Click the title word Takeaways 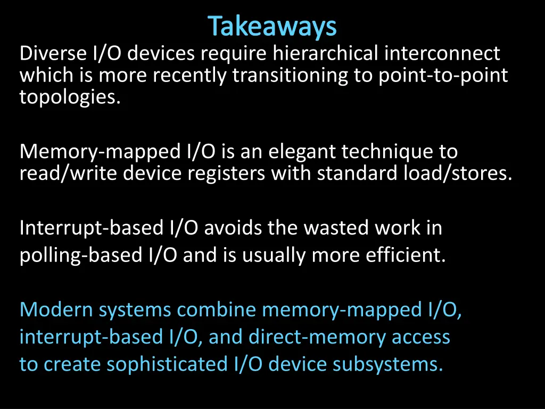coord(272,27)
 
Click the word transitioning coord(290,76)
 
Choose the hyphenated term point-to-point coord(443,76)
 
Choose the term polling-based coord(79,256)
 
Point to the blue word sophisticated coord(167,364)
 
